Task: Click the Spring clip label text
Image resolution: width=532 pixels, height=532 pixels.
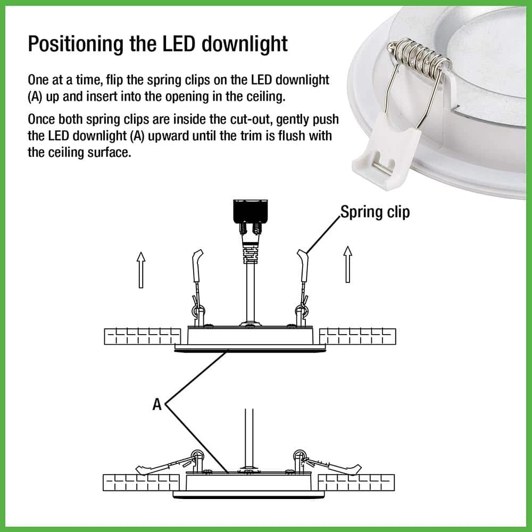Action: click(x=375, y=212)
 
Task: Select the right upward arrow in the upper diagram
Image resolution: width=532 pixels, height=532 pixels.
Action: click(x=348, y=264)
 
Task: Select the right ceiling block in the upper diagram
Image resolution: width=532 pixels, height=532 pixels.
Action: click(x=358, y=336)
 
